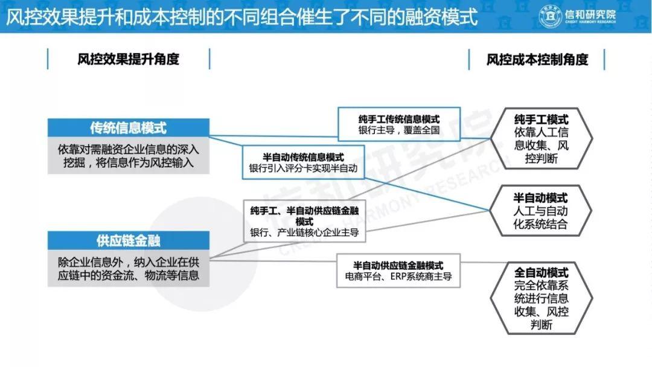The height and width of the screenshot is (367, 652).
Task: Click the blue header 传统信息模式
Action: coord(129,127)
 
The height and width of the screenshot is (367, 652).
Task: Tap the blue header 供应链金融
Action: coord(129,241)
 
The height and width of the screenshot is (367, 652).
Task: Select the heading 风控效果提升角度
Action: coord(129,59)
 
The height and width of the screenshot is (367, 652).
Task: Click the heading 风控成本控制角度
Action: coord(537,59)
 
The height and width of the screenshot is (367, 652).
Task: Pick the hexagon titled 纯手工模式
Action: coord(541,138)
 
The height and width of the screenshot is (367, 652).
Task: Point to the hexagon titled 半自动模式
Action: coord(540,211)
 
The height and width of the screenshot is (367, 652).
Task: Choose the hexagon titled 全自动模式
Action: coord(541,298)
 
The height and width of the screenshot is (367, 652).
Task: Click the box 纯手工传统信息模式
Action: coord(399,124)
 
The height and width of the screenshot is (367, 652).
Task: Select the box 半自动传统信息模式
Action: coord(303,162)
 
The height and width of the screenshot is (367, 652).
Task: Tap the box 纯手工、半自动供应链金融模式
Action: coord(304,221)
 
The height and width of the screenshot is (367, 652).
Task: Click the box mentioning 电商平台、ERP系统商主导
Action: coord(398,270)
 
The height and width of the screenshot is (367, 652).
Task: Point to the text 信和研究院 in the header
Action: coord(590,14)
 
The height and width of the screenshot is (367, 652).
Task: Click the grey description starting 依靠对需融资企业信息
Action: coord(129,156)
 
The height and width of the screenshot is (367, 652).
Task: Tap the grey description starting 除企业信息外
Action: coord(129,269)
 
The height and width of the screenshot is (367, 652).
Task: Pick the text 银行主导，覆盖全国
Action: coord(399,130)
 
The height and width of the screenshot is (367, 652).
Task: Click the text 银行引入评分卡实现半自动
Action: coord(303,168)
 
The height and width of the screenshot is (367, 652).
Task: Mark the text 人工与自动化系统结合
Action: coord(540,217)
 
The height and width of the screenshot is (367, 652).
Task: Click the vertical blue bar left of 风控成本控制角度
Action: coord(469,59)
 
